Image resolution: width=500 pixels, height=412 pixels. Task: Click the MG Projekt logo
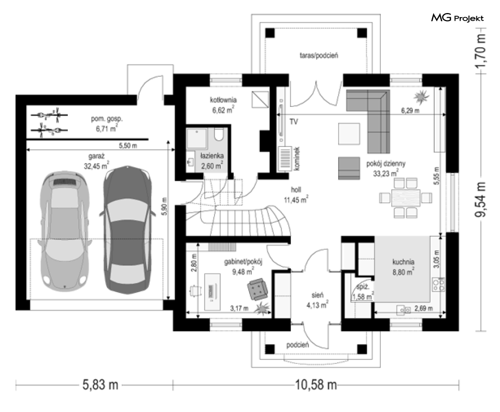pyautogui.click(x=458, y=18)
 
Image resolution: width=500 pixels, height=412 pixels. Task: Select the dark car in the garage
pyautogui.click(x=127, y=229)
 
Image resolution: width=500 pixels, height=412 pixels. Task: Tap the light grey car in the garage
pyautogui.click(x=64, y=231)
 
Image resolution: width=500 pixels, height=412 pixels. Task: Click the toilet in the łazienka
pyautogui.click(x=219, y=134)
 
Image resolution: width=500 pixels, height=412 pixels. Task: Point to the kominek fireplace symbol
pyautogui.click(x=285, y=159)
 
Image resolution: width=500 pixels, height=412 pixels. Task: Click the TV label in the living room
pyautogui.click(x=293, y=121)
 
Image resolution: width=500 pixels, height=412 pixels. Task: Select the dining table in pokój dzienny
pyautogui.click(x=406, y=198)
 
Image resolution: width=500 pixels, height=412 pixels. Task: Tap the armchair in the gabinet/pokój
pyautogui.click(x=258, y=289)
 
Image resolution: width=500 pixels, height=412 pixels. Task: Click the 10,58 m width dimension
pyautogui.click(x=316, y=385)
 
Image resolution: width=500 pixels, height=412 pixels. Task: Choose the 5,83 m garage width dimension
pyautogui.click(x=101, y=385)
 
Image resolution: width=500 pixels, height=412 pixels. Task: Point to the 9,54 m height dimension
pyautogui.click(x=481, y=200)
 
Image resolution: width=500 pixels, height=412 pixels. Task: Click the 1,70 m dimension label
pyautogui.click(x=481, y=51)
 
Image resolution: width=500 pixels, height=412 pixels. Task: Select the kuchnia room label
pyautogui.click(x=404, y=262)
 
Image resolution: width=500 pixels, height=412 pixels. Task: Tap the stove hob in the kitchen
pyautogui.click(x=439, y=285)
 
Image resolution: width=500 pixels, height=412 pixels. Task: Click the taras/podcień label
pyautogui.click(x=319, y=55)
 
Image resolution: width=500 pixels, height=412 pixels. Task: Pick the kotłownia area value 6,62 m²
pyautogui.click(x=223, y=110)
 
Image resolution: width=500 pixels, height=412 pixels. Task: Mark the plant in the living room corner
pyautogui.click(x=422, y=97)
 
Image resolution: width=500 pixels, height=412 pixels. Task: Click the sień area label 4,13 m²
pyautogui.click(x=318, y=305)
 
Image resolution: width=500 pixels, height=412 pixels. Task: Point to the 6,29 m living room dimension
pyautogui.click(x=410, y=110)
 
